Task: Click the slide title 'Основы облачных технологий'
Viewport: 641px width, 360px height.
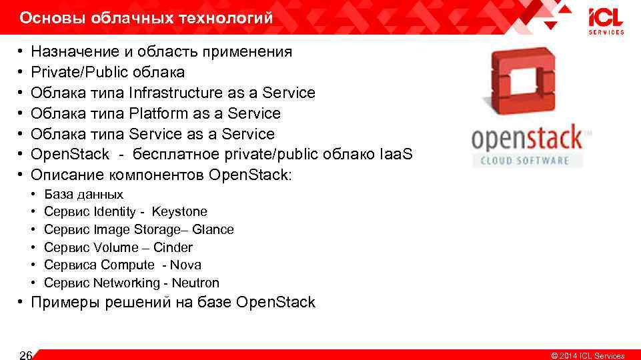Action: [146, 18]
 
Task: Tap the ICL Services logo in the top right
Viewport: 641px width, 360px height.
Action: [606, 21]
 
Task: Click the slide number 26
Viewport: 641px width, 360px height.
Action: [26, 354]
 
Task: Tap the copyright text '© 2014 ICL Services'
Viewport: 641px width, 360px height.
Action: [588, 355]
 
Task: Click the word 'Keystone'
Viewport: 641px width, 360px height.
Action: [179, 212]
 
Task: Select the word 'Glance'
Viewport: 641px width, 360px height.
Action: [213, 230]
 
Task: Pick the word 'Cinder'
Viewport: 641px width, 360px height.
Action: [173, 247]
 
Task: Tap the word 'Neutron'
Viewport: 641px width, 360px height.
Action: [195, 283]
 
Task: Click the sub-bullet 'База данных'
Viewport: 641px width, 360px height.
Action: [83, 195]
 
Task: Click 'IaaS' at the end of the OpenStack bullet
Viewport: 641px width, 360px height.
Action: [397, 155]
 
